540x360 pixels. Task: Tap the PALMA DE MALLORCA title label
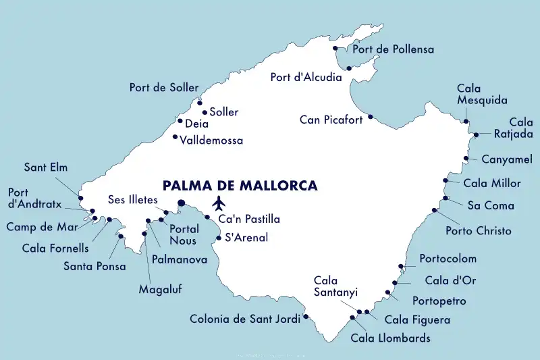[x=240, y=185]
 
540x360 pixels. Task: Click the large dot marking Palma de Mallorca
[x=181, y=203]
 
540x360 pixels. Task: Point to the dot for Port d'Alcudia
[x=349, y=68]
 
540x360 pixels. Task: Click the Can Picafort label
[x=331, y=120]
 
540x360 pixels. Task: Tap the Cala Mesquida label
[x=482, y=95]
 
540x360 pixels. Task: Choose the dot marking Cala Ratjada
[x=476, y=134]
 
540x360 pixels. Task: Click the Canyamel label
[x=507, y=159]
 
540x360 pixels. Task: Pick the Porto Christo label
[x=479, y=231]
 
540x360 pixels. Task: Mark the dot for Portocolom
[x=402, y=266]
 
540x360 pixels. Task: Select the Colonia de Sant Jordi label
[x=244, y=319]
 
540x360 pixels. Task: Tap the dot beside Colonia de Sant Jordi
[x=306, y=316]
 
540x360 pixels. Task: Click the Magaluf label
[x=160, y=289]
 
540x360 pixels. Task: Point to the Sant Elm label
[x=46, y=167]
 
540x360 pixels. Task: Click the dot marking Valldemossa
[x=175, y=137]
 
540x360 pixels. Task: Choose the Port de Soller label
[x=164, y=88]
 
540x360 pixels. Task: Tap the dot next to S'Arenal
[x=219, y=237]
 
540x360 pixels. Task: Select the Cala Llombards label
[x=390, y=338]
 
